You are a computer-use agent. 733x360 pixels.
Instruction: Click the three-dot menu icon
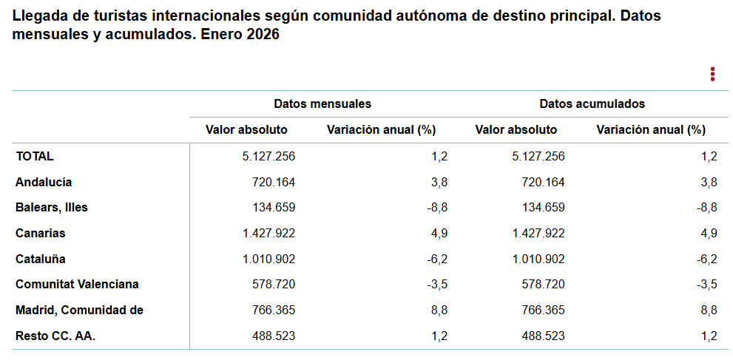click(712, 74)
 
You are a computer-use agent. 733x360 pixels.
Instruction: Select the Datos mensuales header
click(322, 104)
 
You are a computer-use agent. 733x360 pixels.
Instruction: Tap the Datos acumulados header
click(592, 104)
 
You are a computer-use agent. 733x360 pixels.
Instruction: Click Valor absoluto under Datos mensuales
click(246, 130)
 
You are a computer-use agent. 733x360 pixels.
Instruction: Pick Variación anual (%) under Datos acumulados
click(651, 130)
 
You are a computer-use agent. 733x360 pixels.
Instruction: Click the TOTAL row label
click(35, 156)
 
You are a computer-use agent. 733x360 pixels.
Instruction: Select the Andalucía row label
click(44, 182)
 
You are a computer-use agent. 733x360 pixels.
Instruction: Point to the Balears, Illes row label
click(52, 208)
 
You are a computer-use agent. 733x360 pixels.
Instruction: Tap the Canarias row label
click(41, 234)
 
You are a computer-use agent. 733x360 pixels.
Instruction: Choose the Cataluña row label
click(41, 259)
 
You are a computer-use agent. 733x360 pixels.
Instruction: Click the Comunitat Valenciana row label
click(78, 285)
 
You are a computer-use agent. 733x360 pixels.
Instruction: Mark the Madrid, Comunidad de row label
click(80, 310)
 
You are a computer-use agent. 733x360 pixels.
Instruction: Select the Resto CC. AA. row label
click(56, 336)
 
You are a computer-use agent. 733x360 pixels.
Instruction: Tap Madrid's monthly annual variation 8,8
click(439, 310)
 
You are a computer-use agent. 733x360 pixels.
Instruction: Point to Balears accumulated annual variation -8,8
click(706, 208)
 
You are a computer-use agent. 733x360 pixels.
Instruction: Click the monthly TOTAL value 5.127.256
click(264, 156)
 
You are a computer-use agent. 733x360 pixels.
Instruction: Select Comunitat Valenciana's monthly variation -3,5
click(437, 285)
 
